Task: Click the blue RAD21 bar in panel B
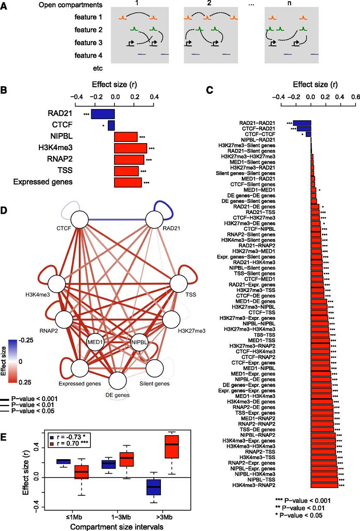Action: click(x=103, y=114)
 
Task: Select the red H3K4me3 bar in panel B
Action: click(x=131, y=148)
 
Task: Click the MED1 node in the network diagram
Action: click(x=95, y=342)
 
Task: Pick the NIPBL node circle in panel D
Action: click(x=139, y=342)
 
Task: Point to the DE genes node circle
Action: click(x=118, y=380)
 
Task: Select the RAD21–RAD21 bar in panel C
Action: click(x=302, y=123)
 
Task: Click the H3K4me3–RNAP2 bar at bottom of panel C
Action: click(x=324, y=485)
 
